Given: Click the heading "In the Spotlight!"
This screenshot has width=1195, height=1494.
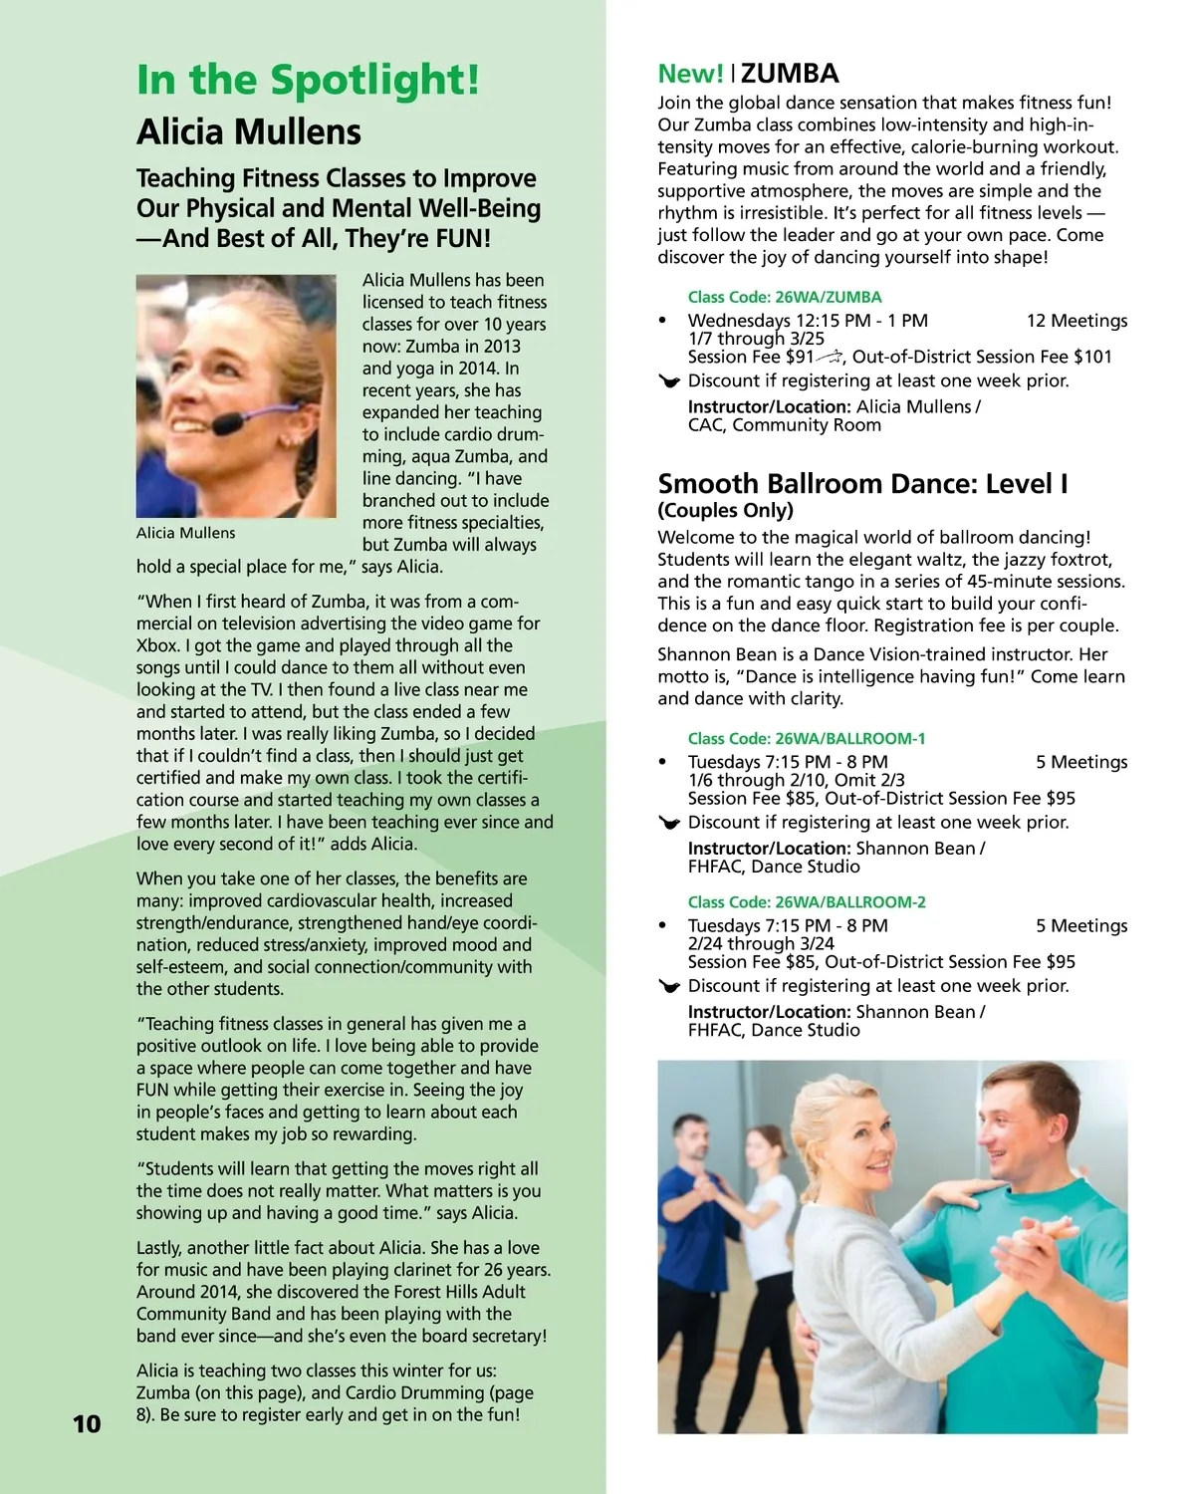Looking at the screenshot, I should [x=308, y=80].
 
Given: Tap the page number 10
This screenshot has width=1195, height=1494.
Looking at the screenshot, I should [x=87, y=1423].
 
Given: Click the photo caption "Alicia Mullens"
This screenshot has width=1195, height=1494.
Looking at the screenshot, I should [x=186, y=533].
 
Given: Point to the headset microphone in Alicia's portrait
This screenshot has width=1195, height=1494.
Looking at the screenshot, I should [x=228, y=422].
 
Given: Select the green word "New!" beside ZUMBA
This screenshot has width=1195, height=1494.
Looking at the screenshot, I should [x=690, y=74].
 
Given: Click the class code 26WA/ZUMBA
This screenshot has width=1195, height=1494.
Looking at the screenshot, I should [x=785, y=297].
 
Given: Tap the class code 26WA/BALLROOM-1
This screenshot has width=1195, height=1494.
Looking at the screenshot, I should [x=807, y=738].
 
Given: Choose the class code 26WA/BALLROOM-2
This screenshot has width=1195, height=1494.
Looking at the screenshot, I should [x=807, y=901].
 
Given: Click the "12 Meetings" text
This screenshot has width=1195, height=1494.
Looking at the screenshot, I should [x=1076, y=321].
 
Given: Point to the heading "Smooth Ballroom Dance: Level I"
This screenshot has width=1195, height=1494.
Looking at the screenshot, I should [x=862, y=484].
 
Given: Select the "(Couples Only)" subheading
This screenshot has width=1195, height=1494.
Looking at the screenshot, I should [x=725, y=511].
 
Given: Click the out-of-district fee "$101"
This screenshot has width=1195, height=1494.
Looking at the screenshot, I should [x=1092, y=357].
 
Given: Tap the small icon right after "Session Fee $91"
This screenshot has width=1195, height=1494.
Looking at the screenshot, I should [x=831, y=357].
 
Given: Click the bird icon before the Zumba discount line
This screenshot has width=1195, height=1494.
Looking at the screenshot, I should [x=669, y=381].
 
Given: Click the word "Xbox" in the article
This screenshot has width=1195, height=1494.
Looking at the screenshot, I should [x=157, y=645].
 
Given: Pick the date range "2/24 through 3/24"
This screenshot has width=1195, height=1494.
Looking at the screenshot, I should [x=761, y=943].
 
